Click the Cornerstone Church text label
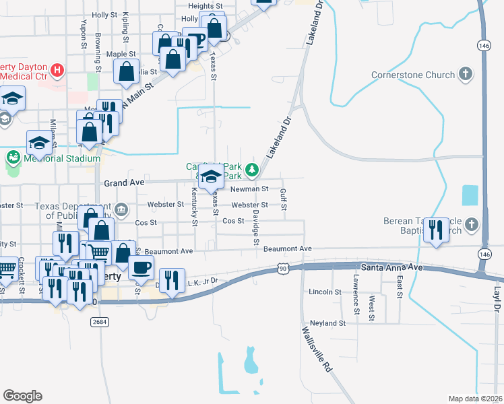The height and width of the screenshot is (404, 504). click(413, 75)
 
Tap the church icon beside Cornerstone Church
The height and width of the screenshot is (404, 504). click(465, 74)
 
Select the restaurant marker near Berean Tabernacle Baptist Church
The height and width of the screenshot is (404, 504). click(437, 230)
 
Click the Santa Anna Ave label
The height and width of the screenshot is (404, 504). click(391, 267)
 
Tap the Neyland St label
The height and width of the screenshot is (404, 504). click(327, 323)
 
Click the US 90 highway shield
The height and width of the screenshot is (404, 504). click(282, 269)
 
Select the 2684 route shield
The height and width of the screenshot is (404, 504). click(98, 323)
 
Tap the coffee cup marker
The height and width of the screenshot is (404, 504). click(141, 267)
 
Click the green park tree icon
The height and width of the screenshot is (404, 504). click(252, 169)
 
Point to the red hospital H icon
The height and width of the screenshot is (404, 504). click(58, 69)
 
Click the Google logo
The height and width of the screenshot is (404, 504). click(22, 396)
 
